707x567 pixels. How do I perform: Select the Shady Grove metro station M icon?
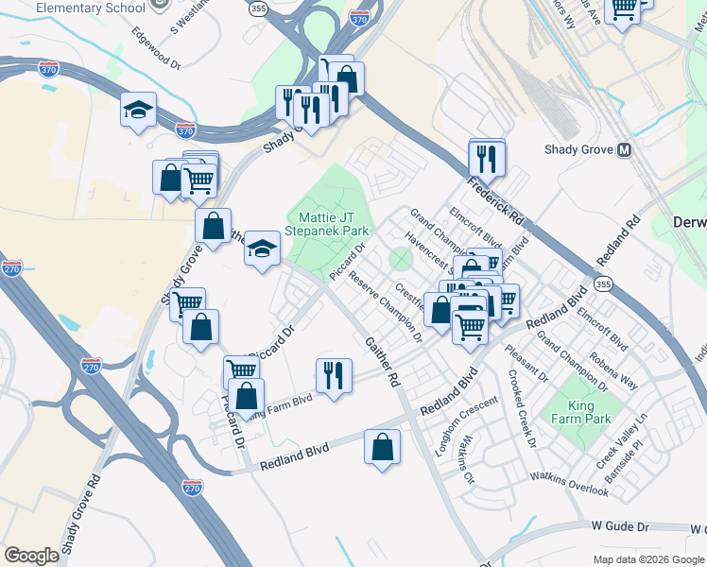pyautogui.click(x=624, y=149)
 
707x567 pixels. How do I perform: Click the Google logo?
pyautogui.click(x=32, y=556)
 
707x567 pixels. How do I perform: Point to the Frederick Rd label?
pyautogui.click(x=509, y=201)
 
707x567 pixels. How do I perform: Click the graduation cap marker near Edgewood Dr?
pyautogui.click(x=138, y=110)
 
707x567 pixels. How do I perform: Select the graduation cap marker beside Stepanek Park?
pyautogui.click(x=263, y=249)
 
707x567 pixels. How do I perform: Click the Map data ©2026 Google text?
pyautogui.click(x=647, y=558)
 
